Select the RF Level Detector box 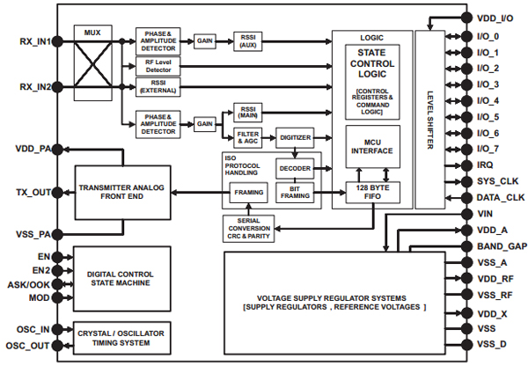click(158, 65)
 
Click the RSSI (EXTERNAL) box click(158, 85)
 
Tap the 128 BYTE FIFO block click(371, 191)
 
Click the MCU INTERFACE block click(371, 149)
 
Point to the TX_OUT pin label click(32, 193)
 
